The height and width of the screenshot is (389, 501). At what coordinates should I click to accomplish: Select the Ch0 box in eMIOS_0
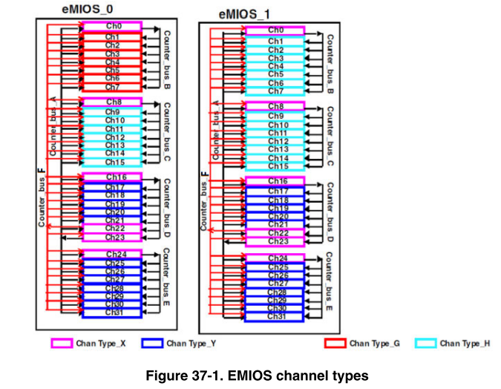point(113,26)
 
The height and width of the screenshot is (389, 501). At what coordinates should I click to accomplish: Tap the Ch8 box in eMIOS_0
point(113,102)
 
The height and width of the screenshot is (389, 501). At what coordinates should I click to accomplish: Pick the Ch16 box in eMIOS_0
point(113,177)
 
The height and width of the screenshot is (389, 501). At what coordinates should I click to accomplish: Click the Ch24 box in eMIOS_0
point(114,254)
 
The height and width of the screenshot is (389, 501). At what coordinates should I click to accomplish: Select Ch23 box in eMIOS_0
point(114,238)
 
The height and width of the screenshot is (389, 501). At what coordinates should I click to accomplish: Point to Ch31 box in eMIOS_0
point(114,313)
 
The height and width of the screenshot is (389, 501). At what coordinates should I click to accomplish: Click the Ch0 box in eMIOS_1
point(275,30)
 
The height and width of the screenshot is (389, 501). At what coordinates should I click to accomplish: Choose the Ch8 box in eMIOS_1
point(275,107)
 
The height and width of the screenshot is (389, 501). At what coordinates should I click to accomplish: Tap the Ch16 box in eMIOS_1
point(275,181)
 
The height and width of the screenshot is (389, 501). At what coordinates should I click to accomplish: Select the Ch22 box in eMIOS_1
point(276,232)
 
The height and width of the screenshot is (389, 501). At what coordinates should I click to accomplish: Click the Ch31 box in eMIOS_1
point(276,317)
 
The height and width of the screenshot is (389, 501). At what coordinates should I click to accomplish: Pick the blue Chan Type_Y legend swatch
point(151,343)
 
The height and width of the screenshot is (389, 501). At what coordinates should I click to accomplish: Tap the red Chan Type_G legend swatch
point(335,343)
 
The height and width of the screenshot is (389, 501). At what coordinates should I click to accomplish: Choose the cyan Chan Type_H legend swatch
point(425,343)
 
